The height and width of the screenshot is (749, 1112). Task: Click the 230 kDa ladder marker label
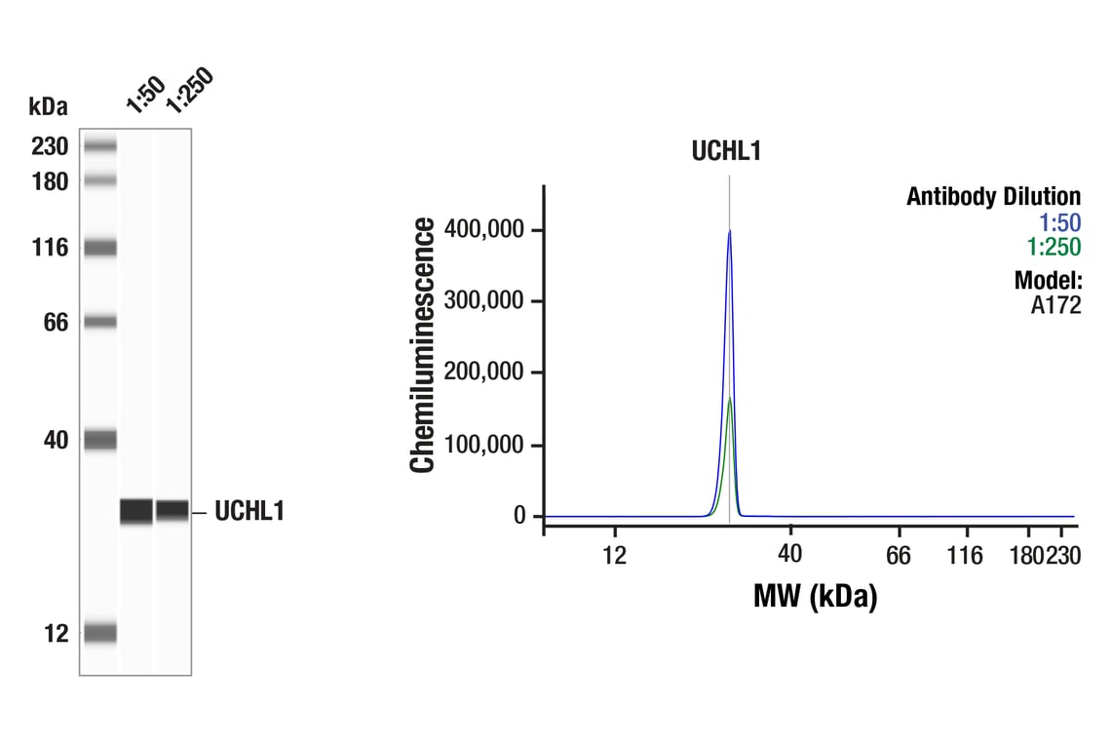tap(49, 146)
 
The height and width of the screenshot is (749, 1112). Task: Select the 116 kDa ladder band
tap(99, 248)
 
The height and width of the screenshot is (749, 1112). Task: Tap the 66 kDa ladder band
tap(99, 321)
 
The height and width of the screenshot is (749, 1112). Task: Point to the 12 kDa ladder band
tap(99, 633)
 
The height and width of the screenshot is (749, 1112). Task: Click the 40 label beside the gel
tap(55, 440)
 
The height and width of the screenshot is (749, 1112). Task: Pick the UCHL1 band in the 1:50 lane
tap(136, 510)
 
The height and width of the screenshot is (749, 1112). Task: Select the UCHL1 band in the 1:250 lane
tap(173, 509)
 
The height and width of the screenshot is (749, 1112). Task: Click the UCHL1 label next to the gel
tap(249, 511)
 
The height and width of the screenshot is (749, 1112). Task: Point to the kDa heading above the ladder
tap(49, 106)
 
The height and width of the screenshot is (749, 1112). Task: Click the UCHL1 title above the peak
tap(726, 151)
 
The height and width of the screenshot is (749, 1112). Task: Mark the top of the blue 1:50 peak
tap(729, 231)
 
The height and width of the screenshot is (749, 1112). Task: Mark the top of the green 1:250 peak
tap(729, 398)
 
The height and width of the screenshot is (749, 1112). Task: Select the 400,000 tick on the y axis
tap(484, 229)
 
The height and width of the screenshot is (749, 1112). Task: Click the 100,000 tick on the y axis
tap(484, 445)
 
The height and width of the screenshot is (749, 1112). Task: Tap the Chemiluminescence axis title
tap(422, 346)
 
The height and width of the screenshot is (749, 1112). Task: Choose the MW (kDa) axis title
tap(815, 595)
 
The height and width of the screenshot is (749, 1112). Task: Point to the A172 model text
tap(1055, 305)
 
